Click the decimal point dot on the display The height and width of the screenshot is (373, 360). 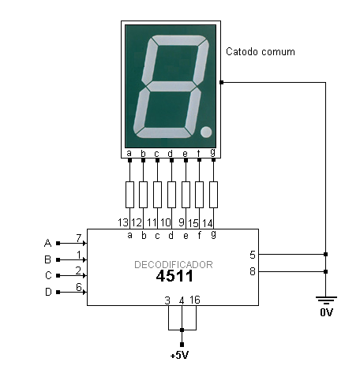[206, 132]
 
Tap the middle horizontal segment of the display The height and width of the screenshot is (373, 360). [171, 86]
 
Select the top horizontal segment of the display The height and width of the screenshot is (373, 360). [178, 40]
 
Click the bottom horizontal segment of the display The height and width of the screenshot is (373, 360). [163, 132]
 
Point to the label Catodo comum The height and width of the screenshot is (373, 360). [261, 51]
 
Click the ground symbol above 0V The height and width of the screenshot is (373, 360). [326, 300]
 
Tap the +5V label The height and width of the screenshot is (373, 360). [180, 355]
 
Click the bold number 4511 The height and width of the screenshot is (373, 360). [174, 276]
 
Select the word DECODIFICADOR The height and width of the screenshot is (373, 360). [174, 264]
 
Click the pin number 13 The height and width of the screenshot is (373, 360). [123, 222]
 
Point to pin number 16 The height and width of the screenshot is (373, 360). [195, 300]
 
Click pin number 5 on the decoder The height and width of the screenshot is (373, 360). [253, 255]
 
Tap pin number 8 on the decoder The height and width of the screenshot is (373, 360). [253, 271]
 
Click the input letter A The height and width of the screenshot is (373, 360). [47, 243]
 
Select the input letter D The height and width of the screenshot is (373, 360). [48, 292]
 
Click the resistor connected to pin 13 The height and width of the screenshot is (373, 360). [129, 195]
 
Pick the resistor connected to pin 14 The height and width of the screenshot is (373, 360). [213, 195]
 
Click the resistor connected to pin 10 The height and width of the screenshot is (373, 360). [171, 195]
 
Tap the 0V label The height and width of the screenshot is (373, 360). [326, 312]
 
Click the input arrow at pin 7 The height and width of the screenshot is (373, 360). [72, 244]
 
